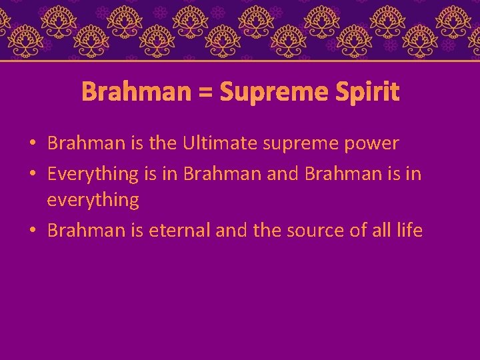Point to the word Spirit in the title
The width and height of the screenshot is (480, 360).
(371, 92)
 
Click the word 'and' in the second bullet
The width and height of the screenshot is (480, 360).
(283, 173)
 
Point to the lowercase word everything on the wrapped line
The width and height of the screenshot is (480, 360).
(93, 200)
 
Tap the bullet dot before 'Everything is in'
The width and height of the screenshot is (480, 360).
(33, 174)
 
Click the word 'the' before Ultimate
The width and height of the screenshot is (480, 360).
(161, 143)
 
